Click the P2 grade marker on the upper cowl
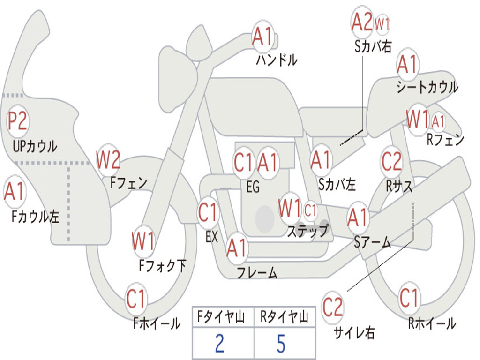[18, 122]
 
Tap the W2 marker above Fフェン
[108, 160]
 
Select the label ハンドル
[277, 60]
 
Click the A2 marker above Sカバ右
[362, 22]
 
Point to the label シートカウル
[427, 87]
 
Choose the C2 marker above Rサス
[391, 162]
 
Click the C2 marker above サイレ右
[333, 307]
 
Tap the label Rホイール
[432, 323]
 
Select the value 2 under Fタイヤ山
[219, 344]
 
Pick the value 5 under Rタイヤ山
[281, 344]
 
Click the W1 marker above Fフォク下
[143, 242]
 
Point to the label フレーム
[257, 272]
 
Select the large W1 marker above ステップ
[290, 209]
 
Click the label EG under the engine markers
[253, 187]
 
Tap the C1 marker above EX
[209, 213]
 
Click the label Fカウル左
[36, 217]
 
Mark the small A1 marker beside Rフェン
[438, 122]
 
